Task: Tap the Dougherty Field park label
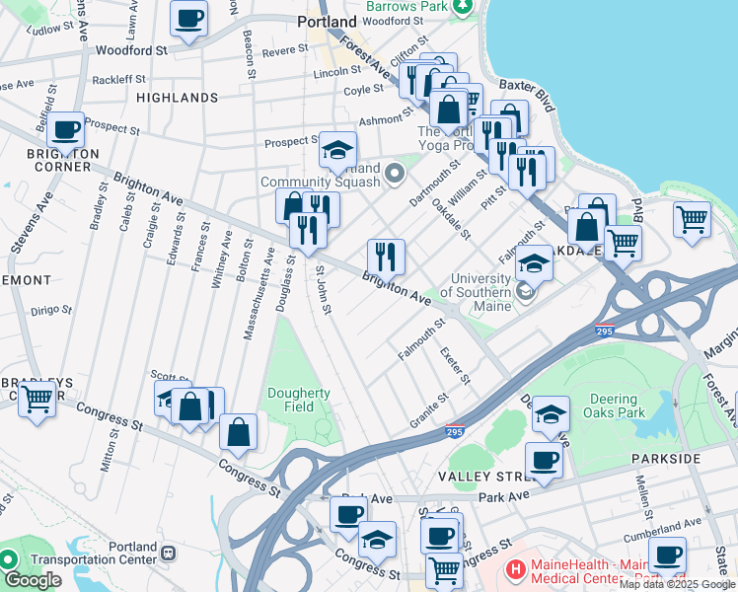click(x=299, y=400)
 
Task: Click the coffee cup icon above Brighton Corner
click(x=66, y=129)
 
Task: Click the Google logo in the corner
click(x=33, y=580)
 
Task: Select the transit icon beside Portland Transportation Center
click(x=169, y=553)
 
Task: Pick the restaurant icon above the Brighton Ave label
click(x=386, y=257)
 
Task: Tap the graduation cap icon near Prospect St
click(x=337, y=150)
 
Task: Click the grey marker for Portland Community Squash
click(x=396, y=175)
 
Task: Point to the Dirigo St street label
click(x=52, y=309)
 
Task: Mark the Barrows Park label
click(x=406, y=6)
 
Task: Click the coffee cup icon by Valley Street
click(x=544, y=459)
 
